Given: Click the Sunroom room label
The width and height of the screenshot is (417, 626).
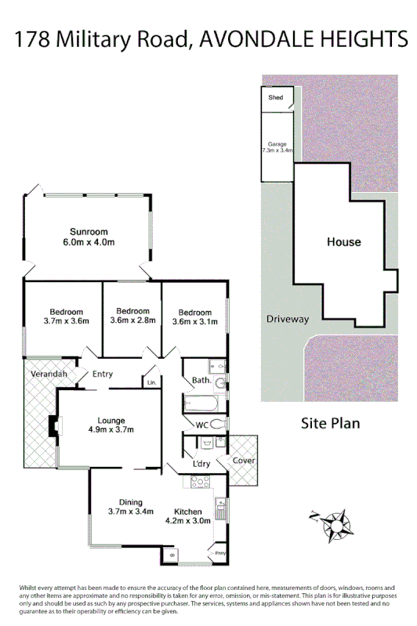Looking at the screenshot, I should pyautogui.click(x=88, y=232).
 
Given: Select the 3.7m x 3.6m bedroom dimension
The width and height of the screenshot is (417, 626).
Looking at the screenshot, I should pyautogui.click(x=67, y=320).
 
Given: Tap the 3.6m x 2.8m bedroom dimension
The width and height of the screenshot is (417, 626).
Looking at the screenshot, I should pyautogui.click(x=132, y=320).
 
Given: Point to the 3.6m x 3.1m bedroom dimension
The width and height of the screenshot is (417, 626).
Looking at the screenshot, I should pyautogui.click(x=194, y=320).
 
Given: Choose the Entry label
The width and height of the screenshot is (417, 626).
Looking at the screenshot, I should pyautogui.click(x=103, y=375).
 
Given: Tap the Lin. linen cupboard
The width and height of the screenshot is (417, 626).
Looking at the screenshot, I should pyautogui.click(x=150, y=382).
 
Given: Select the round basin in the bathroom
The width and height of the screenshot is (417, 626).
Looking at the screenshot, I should pyautogui.click(x=220, y=384).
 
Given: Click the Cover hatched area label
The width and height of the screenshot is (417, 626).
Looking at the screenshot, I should pyautogui.click(x=244, y=461).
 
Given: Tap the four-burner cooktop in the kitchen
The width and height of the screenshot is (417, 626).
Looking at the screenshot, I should pyautogui.click(x=193, y=482).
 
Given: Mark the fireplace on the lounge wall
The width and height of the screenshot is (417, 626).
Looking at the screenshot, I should pyautogui.click(x=53, y=425).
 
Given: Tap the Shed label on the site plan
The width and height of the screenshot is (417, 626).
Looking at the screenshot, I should pyautogui.click(x=276, y=98).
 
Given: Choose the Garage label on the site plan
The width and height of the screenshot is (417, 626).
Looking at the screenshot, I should pyautogui.click(x=277, y=144).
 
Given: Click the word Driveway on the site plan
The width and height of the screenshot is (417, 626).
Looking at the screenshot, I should pyautogui.click(x=288, y=319).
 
